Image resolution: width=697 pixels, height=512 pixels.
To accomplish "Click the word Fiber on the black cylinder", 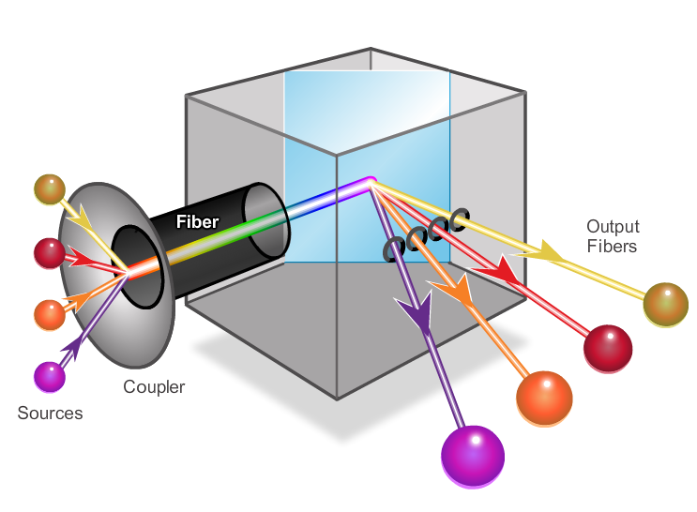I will [x=197, y=222].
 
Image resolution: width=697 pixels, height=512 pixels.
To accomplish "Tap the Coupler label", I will [x=155, y=386].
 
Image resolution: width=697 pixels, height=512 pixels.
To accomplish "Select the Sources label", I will [x=50, y=413].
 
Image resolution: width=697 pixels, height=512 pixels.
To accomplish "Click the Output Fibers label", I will [x=613, y=236].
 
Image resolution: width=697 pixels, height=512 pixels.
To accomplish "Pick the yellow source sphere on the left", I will [x=49, y=188].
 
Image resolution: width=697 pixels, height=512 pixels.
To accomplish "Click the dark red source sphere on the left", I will [x=49, y=252].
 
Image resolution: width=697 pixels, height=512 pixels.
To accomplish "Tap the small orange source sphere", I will [x=49, y=314].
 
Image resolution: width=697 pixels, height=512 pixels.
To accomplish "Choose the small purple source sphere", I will [x=49, y=376].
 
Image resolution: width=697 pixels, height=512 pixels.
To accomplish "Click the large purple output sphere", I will [x=473, y=457].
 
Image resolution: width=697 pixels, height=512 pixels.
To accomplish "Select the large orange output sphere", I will [x=544, y=398].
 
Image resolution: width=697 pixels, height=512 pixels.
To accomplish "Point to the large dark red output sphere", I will [x=608, y=349].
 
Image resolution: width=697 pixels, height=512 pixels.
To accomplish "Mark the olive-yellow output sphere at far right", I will [x=665, y=304].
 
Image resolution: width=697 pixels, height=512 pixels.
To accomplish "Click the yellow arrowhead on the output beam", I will [x=553, y=251].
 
